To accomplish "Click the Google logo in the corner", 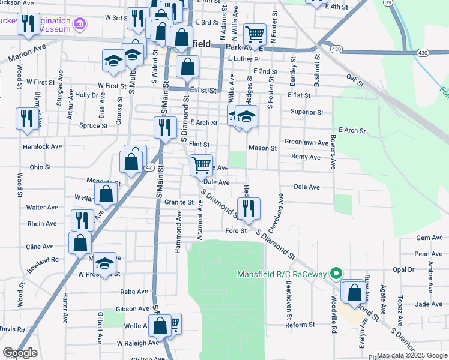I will (x=20, y=353).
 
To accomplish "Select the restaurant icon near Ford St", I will (x=250, y=208).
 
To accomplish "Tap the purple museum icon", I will (x=80, y=25).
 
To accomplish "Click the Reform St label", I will (x=300, y=325).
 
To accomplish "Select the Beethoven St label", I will (x=289, y=299).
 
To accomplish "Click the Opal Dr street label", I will (x=403, y=269).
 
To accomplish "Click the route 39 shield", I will (x=390, y=3).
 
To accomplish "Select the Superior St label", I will (x=307, y=112).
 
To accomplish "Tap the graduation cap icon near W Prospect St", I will (x=104, y=263).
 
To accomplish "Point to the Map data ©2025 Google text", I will (x=411, y=355).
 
